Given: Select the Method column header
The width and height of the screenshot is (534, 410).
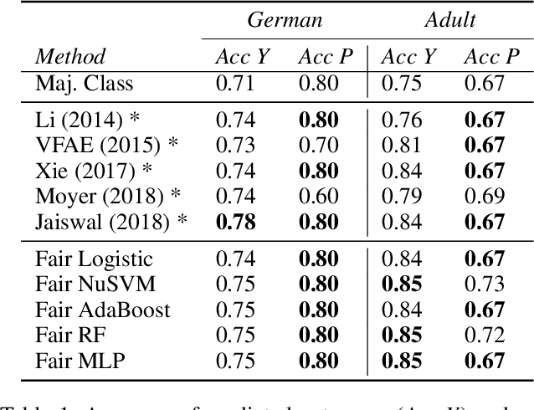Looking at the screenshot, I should (x=70, y=57).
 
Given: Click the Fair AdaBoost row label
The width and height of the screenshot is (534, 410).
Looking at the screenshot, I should (x=103, y=311).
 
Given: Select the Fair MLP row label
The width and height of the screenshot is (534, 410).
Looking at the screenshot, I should (x=80, y=361).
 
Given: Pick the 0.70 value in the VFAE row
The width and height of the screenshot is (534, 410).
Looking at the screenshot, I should (x=318, y=144).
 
